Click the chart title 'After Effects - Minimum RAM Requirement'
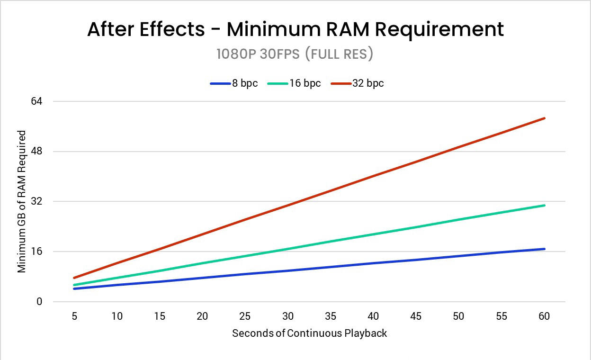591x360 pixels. pos(295,29)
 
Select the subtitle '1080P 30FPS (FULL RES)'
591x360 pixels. pos(295,54)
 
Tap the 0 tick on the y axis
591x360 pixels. pos(40,302)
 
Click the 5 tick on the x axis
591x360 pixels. pos(74,316)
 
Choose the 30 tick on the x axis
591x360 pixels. pos(288,316)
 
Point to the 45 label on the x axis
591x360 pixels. pos(416,316)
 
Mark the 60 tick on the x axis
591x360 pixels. pos(544,316)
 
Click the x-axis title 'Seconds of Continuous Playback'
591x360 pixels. pos(309,333)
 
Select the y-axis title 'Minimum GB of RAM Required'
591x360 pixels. pos(21,202)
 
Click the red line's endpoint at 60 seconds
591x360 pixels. pos(545,118)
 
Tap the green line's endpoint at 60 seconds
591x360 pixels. pos(545,205)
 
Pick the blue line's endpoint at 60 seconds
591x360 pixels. pos(545,249)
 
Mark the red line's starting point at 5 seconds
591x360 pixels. pos(74,278)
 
